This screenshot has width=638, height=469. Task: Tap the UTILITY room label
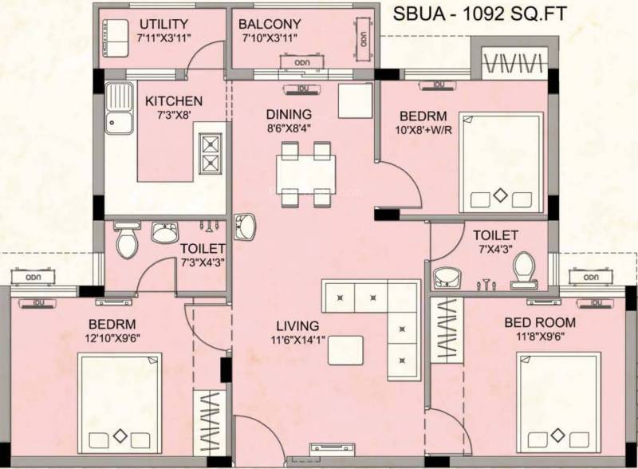(163, 24)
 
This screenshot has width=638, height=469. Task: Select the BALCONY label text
(270, 24)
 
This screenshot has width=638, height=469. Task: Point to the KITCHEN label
(174, 101)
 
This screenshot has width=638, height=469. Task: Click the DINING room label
(289, 114)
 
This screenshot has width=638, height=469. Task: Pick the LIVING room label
(297, 325)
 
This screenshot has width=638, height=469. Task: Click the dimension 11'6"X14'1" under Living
(297, 340)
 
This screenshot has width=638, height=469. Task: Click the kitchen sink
(120, 106)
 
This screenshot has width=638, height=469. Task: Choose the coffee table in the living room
(345, 350)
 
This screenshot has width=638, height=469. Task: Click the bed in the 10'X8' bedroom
(500, 164)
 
